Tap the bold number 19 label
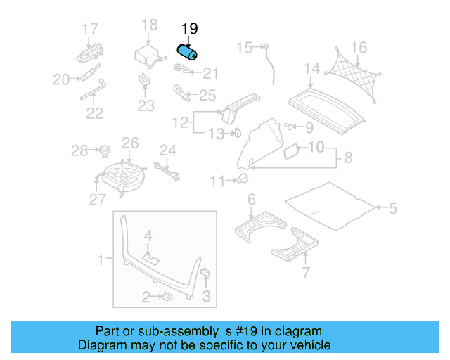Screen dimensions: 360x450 (190, 29)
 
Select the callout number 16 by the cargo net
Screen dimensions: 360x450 (359, 48)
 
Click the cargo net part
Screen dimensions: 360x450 (354, 74)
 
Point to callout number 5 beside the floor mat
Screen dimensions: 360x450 (392, 207)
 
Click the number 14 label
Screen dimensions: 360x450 (311, 68)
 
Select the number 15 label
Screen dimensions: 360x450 (244, 48)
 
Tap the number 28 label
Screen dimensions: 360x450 (79, 150)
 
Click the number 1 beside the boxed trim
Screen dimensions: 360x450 (100, 260)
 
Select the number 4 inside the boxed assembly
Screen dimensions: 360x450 (148, 235)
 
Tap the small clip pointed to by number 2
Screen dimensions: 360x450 (168, 297)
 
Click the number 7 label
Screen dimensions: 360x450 (305, 273)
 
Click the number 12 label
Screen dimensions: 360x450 (181, 123)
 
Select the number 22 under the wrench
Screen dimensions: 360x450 (94, 112)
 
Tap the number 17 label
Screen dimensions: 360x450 (90, 29)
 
